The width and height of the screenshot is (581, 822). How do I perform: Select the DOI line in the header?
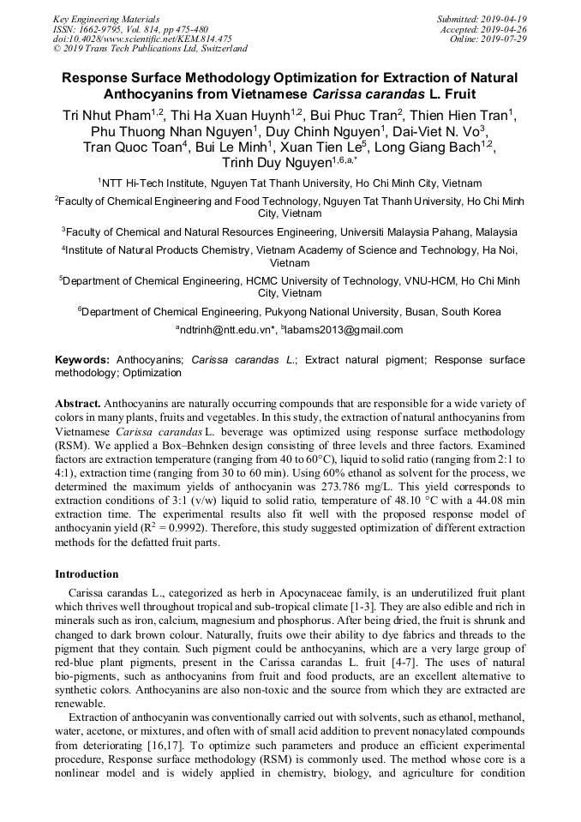(x=142, y=39)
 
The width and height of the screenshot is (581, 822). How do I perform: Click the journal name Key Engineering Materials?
(x=106, y=18)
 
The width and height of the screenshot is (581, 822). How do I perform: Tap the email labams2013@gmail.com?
(x=343, y=330)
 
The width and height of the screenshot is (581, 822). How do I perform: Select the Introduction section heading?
(x=87, y=573)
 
